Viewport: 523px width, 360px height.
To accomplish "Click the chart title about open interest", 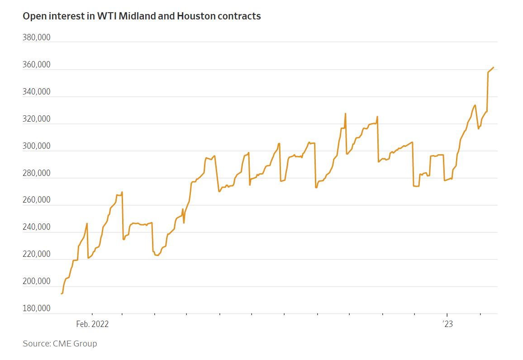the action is pos(142,16).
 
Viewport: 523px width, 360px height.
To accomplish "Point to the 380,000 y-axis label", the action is pos(37,38).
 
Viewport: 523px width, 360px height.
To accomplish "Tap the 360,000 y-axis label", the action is pos(37,64).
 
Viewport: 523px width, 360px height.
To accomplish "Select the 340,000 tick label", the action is pos(37,92).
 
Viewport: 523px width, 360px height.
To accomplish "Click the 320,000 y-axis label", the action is pos(37,118).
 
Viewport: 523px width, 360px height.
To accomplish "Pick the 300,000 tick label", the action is pos(37,146).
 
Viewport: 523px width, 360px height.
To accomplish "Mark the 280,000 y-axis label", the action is pos(37,173).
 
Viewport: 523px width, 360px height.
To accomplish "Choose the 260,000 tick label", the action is pos(37,199).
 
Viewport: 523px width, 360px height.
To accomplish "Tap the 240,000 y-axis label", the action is pos(37,227).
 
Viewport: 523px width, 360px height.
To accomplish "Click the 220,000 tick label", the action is pos(37,254).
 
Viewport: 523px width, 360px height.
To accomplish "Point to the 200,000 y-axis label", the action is pos(37,281).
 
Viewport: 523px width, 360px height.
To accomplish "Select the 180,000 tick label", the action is pos(37,308).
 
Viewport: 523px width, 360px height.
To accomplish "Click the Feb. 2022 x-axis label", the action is pos(92,324).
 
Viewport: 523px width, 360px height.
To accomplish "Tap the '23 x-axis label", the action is pos(447,324).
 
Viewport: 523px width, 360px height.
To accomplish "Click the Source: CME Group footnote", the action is pos(60,343).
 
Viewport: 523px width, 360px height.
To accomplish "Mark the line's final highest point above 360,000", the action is pos(493,67).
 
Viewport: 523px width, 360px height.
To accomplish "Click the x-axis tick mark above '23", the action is pos(447,314).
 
